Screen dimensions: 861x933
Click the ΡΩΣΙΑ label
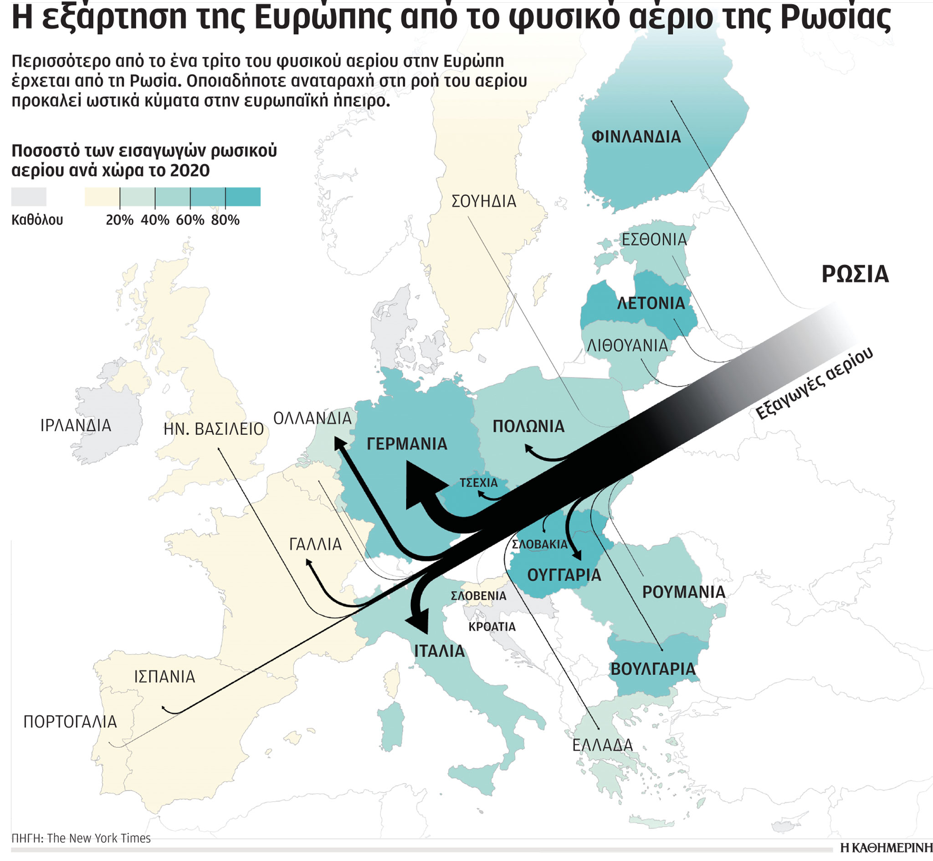click(855, 274)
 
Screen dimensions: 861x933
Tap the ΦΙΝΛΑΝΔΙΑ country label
click(636, 137)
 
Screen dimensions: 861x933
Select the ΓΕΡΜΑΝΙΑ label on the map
click(406, 444)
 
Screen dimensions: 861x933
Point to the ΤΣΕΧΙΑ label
click(478, 483)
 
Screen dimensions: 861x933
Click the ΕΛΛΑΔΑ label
click(602, 745)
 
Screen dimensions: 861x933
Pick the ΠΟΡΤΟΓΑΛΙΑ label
click(70, 722)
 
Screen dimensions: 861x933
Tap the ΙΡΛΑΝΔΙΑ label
click(76, 426)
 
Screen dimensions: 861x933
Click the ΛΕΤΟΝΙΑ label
click(651, 303)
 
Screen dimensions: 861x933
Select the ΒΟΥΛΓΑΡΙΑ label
click(652, 670)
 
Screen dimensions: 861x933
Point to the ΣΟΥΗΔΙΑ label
click(484, 201)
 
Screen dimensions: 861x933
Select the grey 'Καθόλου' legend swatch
click(29, 196)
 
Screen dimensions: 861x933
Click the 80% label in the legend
click(225, 220)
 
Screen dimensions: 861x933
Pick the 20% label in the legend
click(120, 220)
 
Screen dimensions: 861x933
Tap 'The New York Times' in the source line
click(98, 838)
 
